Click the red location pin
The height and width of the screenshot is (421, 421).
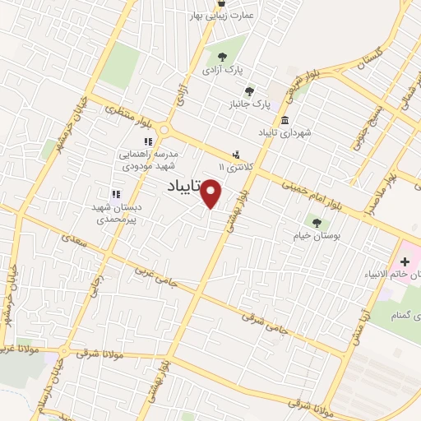[x=212, y=194]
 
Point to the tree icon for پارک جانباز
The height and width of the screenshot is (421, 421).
[x=249, y=91]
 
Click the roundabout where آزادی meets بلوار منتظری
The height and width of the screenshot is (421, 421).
[x=164, y=130]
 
